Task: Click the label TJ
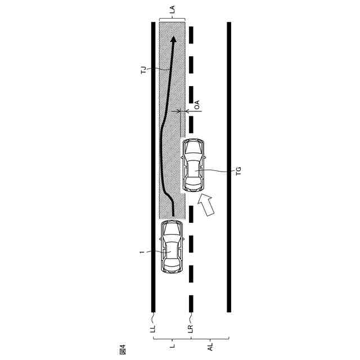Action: [x=143, y=70]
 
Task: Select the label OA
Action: [x=197, y=104]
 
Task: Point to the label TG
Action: [x=238, y=171]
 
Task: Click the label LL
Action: [x=152, y=328]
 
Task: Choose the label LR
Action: [x=190, y=328]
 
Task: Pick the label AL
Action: [x=210, y=346]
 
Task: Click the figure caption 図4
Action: [x=123, y=349]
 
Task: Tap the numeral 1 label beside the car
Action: [x=143, y=252]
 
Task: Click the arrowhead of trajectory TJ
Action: [x=174, y=39]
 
